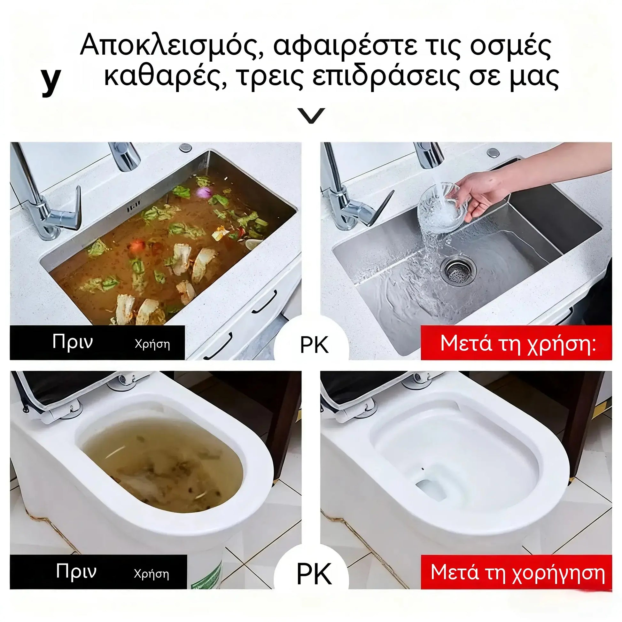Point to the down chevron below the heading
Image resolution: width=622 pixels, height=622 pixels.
311,115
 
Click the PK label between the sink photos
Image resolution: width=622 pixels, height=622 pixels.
314,345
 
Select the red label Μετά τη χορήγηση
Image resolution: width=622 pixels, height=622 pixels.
518,572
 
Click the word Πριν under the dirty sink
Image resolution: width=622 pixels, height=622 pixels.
73,342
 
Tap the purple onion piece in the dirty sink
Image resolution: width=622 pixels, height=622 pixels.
204,192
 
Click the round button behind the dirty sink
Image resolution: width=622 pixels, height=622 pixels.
185,147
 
